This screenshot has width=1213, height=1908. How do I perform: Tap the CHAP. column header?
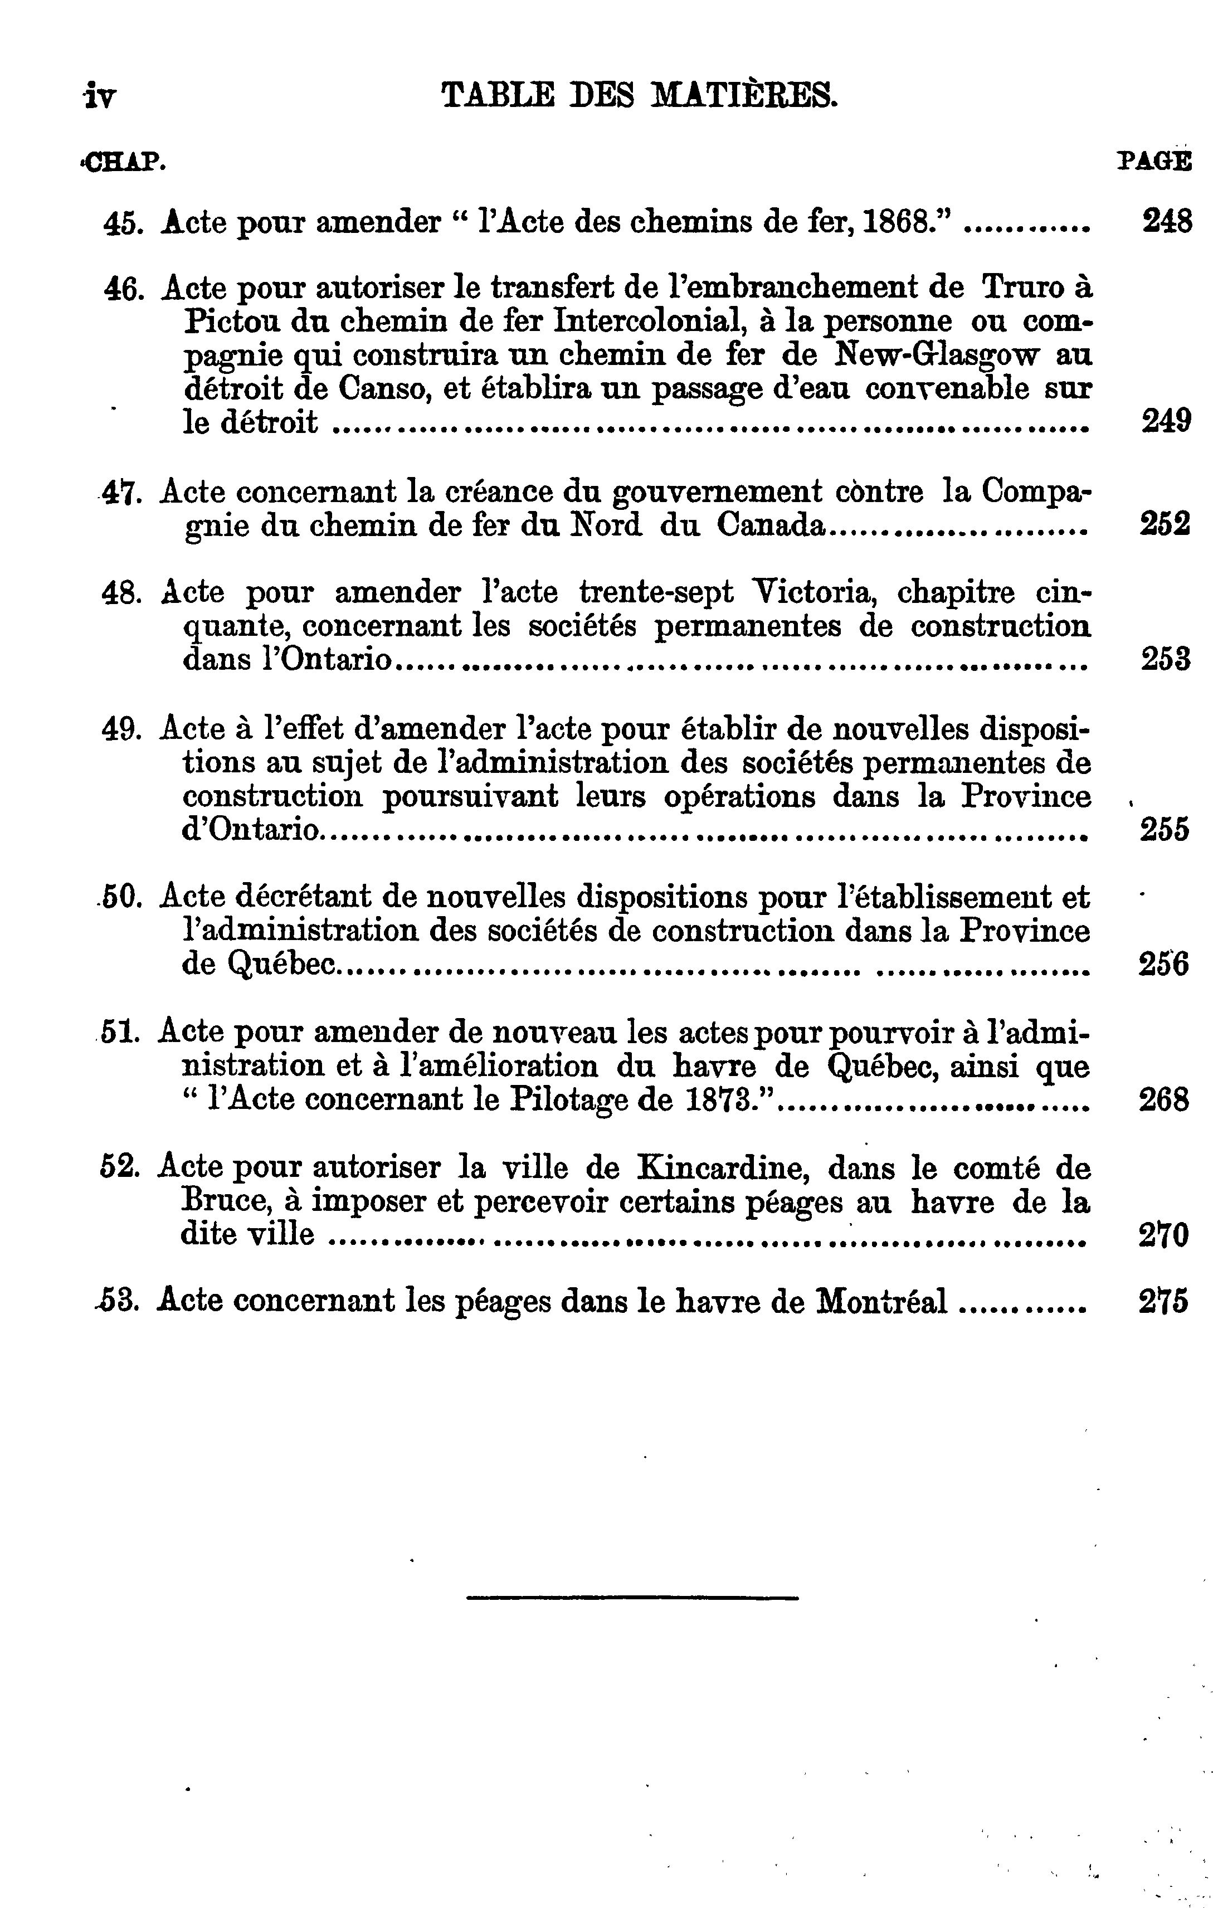(x=124, y=163)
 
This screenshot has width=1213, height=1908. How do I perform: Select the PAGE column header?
(x=1153, y=162)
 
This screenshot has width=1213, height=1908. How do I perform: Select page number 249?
(x=1166, y=421)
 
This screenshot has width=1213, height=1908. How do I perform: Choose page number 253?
(x=1166, y=659)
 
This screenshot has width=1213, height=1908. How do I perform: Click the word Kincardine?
(x=723, y=1168)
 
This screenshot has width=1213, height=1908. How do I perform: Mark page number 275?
(x=1164, y=1302)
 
